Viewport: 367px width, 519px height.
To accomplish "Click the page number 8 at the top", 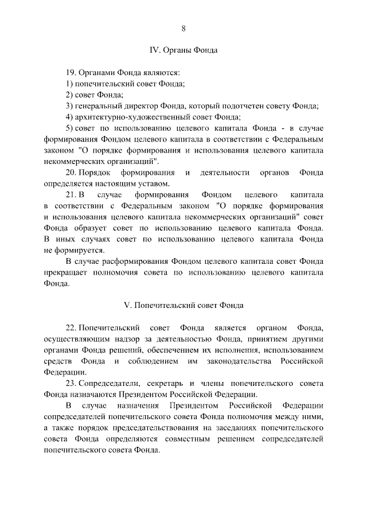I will [x=183, y=29].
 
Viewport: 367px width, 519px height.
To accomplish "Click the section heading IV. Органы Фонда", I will [x=183, y=50].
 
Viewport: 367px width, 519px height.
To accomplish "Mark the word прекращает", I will [x=65, y=273].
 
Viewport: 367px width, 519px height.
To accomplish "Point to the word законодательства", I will [x=239, y=361].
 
